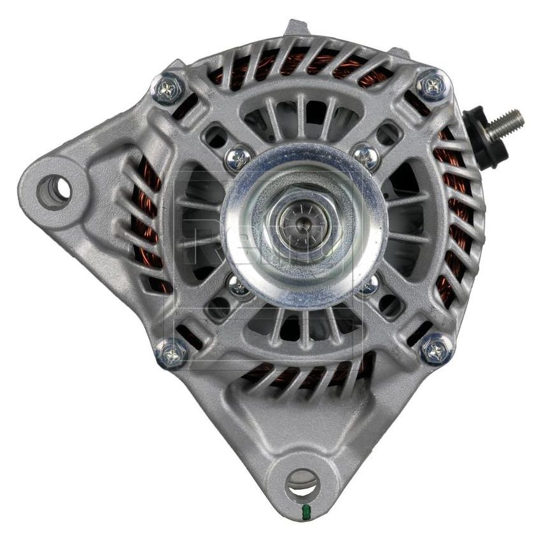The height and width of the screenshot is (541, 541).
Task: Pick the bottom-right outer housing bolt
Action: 437,348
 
